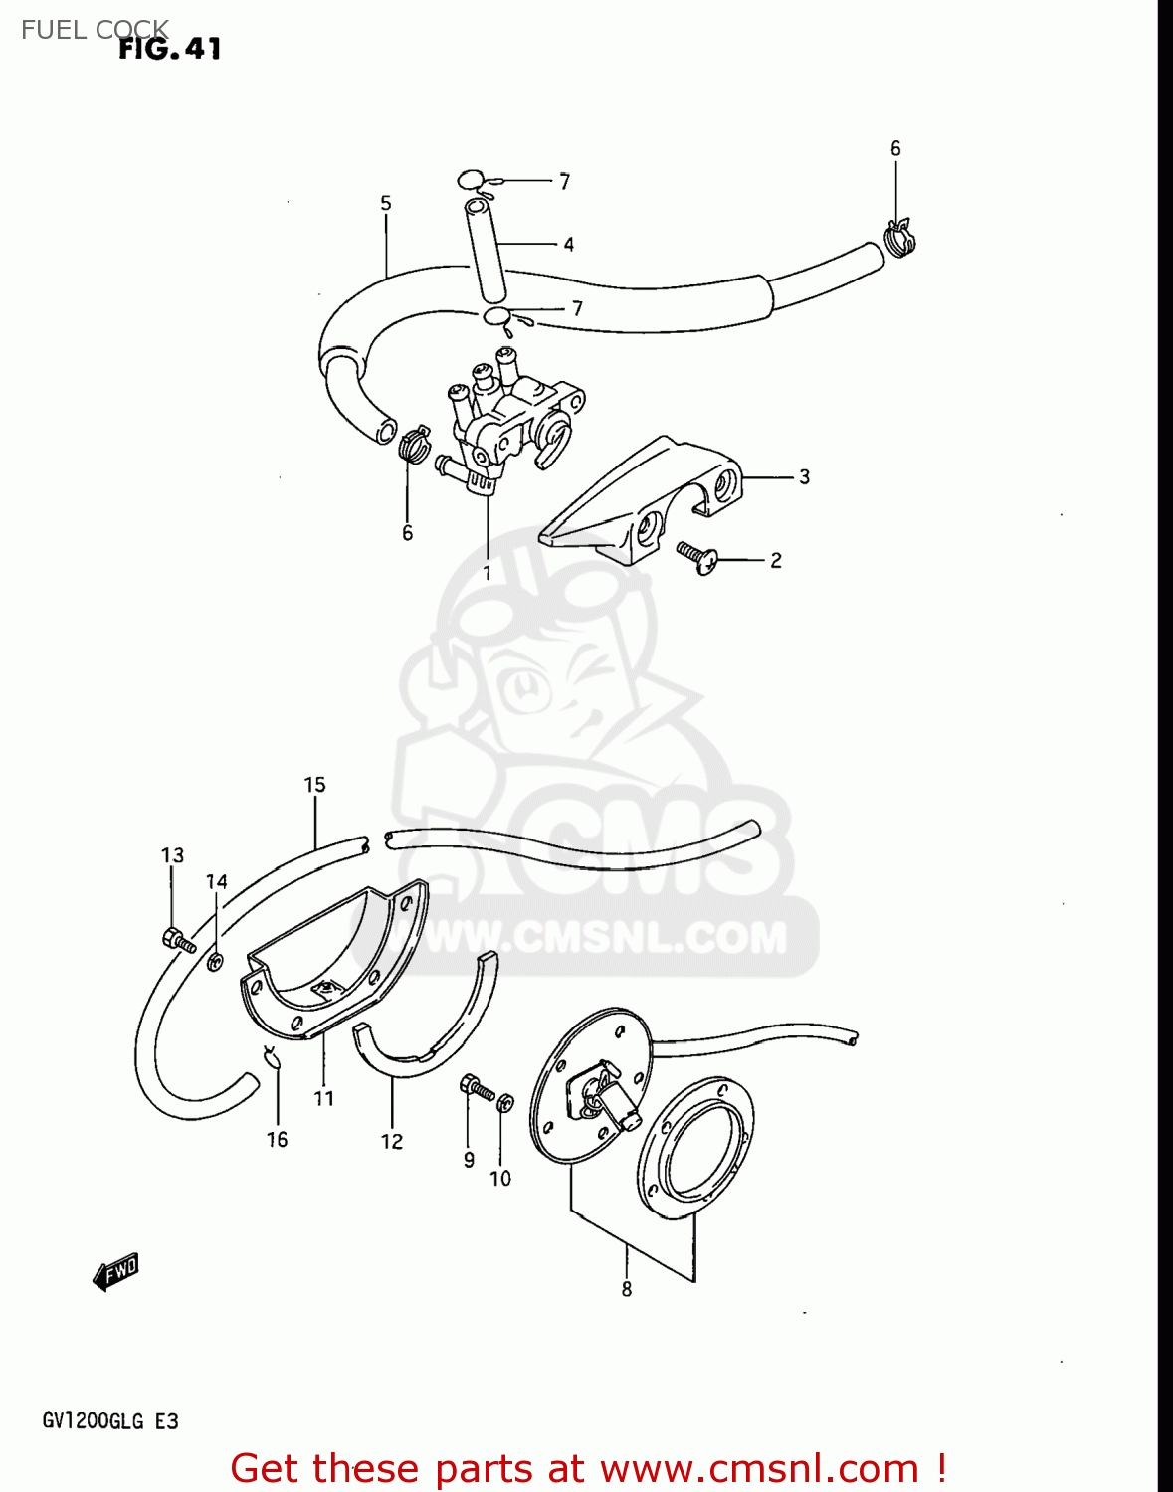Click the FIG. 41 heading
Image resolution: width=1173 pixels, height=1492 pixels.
click(169, 49)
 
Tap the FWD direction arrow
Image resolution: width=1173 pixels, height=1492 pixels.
click(116, 1271)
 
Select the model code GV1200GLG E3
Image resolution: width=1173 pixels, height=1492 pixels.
click(110, 1421)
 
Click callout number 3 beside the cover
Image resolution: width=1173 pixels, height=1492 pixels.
click(804, 476)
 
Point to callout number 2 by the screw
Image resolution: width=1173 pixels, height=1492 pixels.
click(775, 560)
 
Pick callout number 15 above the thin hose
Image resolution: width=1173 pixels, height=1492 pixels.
click(315, 784)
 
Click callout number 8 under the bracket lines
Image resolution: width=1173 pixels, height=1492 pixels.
click(627, 1289)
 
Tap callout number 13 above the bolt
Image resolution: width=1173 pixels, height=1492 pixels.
click(172, 854)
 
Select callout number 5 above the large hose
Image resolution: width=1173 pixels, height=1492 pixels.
click(386, 203)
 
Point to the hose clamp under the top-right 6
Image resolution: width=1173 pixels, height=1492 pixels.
click(901, 238)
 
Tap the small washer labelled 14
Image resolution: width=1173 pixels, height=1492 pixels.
click(215, 962)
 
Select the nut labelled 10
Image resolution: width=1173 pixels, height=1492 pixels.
click(505, 1103)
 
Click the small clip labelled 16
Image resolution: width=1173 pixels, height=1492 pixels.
click(272, 1058)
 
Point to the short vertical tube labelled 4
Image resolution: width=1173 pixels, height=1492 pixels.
click(486, 250)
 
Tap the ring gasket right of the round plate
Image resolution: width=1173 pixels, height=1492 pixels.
click(694, 1148)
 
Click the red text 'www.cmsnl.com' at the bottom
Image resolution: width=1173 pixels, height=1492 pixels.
click(759, 1468)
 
